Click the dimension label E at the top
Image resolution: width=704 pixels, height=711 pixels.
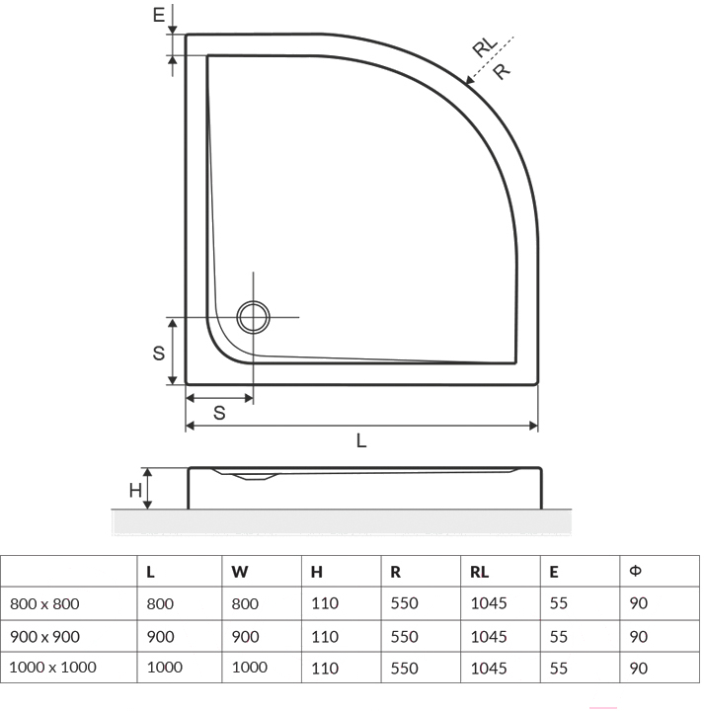158,16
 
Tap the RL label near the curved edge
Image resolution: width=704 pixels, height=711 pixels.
485,46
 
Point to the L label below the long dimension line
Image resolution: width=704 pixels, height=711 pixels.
361,440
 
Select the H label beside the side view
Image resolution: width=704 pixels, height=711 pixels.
135,490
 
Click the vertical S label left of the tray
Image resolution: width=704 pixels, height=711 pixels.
159,353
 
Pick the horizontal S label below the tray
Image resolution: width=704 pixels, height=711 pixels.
219,413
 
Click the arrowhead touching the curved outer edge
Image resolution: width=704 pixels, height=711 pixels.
470,80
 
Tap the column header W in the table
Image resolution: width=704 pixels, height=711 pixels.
239,572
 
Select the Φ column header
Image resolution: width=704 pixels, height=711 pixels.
636,571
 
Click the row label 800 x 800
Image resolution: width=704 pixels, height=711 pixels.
44,604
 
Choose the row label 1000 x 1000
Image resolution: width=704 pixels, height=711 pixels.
52,667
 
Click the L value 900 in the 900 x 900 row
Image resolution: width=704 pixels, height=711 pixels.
161,637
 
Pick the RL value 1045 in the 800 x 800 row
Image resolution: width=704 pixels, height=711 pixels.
489,603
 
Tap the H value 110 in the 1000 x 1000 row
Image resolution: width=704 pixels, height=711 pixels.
325,668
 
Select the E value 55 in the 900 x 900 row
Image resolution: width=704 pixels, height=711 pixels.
559,637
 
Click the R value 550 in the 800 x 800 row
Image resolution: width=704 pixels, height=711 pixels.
405,603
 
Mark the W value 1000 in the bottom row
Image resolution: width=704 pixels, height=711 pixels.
250,667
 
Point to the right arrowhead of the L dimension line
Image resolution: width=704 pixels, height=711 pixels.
533,426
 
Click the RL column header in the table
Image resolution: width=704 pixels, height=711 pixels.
480,572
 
